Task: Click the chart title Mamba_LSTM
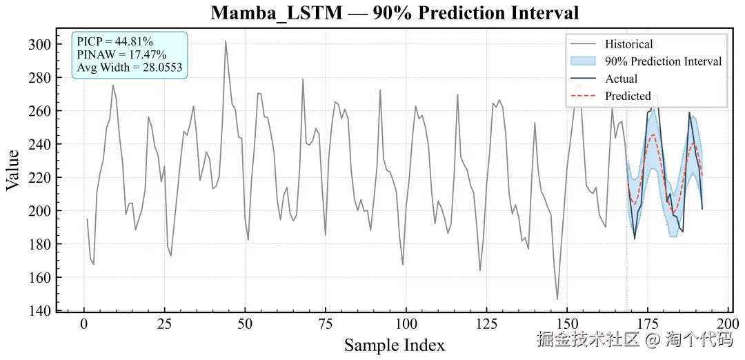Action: [395, 13]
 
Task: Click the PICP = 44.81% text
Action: [115, 43]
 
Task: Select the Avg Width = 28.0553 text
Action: [130, 68]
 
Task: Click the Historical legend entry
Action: [628, 44]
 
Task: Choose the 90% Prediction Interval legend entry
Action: [663, 61]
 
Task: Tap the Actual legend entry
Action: [621, 79]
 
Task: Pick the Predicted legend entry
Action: [628, 96]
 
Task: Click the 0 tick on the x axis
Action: [84, 324]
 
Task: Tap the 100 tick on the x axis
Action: [406, 324]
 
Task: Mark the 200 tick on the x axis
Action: [728, 324]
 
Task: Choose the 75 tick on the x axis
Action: [326, 324]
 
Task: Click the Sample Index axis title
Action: [395, 344]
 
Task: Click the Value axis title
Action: [14, 169]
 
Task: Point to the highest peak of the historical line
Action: [226, 41]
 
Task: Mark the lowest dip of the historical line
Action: [557, 299]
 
